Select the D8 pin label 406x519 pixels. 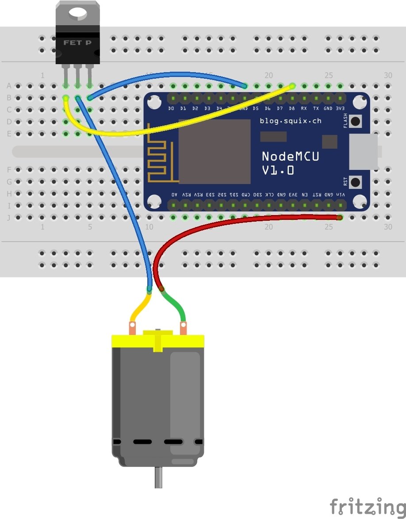click(292, 108)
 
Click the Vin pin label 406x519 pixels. click(340, 195)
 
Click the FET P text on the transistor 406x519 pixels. click(77, 43)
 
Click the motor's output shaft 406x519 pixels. click(158, 479)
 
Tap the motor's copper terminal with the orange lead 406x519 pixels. click(132, 328)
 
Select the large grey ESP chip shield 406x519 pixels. click(214, 151)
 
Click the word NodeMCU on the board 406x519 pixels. click(290, 156)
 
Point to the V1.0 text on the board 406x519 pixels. click(278, 170)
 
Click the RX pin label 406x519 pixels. click(304, 108)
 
